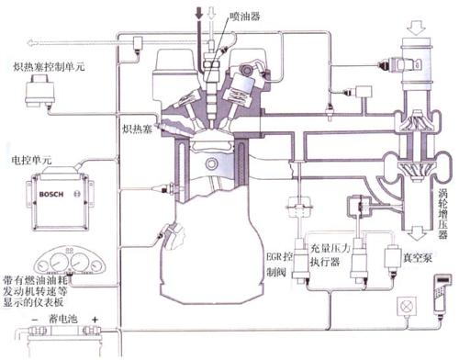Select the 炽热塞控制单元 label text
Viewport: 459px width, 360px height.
pos(58,67)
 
